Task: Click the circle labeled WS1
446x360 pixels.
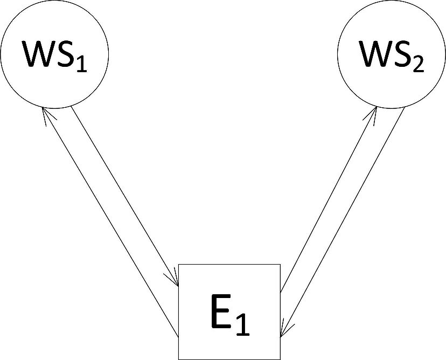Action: click(54, 54)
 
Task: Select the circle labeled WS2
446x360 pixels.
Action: click(392, 54)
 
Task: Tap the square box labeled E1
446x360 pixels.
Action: click(229, 311)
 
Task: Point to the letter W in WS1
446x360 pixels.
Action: click(38, 54)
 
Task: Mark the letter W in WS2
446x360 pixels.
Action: click(377, 54)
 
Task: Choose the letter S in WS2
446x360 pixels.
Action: click(405, 54)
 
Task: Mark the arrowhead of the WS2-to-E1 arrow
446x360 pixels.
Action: click(283, 329)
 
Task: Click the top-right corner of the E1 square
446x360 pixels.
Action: click(280, 265)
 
